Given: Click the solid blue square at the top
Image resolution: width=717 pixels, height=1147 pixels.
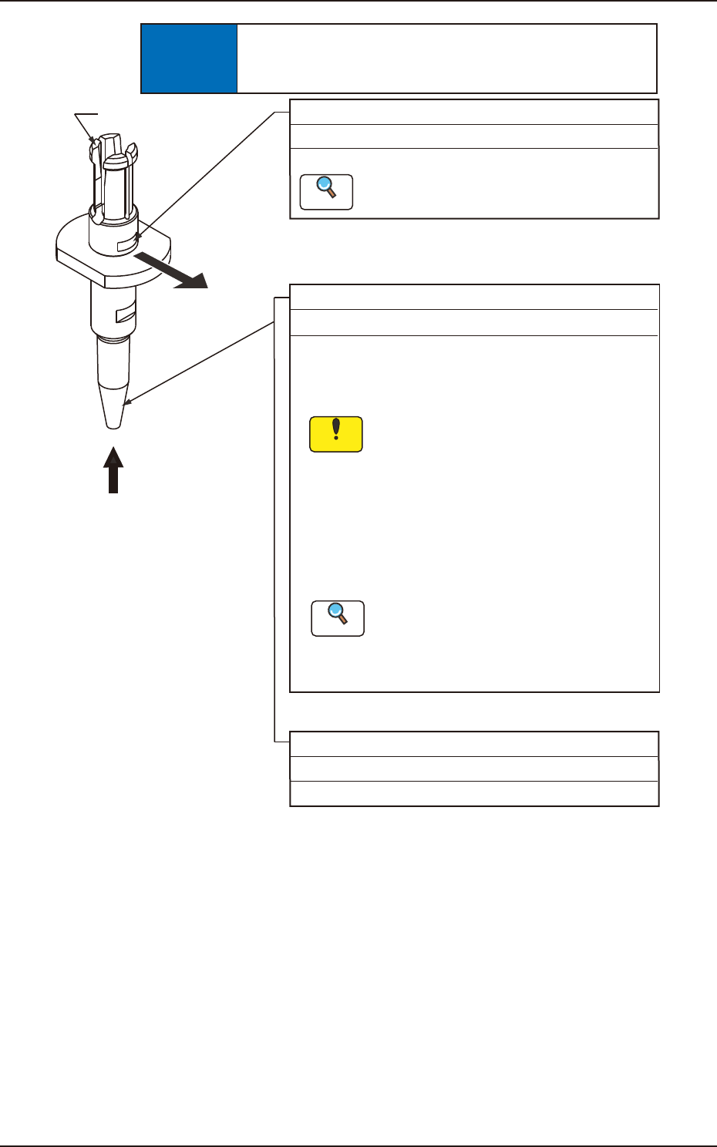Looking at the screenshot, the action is (189, 59).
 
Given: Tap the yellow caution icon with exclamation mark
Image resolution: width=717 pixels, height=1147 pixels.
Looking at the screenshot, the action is (335, 434).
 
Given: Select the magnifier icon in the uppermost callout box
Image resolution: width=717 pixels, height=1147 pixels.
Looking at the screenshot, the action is (326, 192).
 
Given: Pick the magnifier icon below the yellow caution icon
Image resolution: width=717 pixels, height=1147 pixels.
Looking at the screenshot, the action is (338, 618).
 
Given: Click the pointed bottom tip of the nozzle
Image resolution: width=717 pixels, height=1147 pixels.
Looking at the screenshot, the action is (113, 420).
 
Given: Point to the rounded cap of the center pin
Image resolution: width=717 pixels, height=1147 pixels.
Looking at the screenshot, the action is (114, 162).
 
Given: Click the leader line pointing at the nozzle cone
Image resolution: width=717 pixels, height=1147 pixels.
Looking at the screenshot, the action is (200, 362).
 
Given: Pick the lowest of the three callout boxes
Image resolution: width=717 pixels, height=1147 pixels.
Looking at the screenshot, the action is (474, 769).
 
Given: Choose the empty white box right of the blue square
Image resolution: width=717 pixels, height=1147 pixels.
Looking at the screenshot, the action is (446, 59).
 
